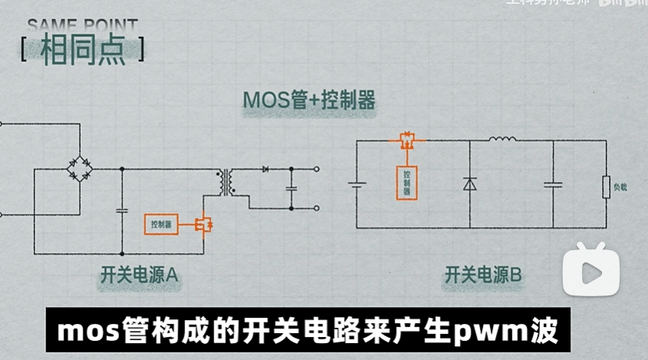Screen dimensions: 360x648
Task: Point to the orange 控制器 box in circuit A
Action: coord(162,224)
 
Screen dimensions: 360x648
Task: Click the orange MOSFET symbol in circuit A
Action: coord(203,225)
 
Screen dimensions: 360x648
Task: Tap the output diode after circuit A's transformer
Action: coord(266,168)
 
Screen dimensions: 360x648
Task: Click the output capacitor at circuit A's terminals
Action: coord(291,187)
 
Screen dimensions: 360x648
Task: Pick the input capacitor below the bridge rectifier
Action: coord(121,209)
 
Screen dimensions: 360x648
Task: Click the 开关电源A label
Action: coord(139,273)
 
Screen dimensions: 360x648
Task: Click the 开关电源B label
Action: coord(483,273)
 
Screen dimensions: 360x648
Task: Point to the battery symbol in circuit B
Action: coord(356,184)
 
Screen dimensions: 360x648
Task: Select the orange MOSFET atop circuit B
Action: coord(406,140)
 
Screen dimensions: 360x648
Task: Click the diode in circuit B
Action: coord(469,184)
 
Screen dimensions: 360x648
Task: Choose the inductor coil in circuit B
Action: coord(503,140)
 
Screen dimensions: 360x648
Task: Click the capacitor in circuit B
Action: coord(553,184)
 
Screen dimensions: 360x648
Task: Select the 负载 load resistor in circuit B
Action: coord(607,186)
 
